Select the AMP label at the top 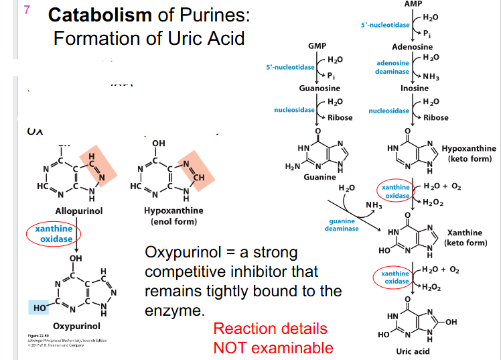point(413,4)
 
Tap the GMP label point(317,46)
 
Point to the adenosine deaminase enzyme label point(392,67)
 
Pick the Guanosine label point(319,88)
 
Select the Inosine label point(415,88)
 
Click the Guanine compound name point(319,177)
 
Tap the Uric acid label point(413,351)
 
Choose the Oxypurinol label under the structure point(76,326)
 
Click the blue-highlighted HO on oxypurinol point(38,308)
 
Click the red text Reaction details point(270,328)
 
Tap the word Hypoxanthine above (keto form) point(469,148)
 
